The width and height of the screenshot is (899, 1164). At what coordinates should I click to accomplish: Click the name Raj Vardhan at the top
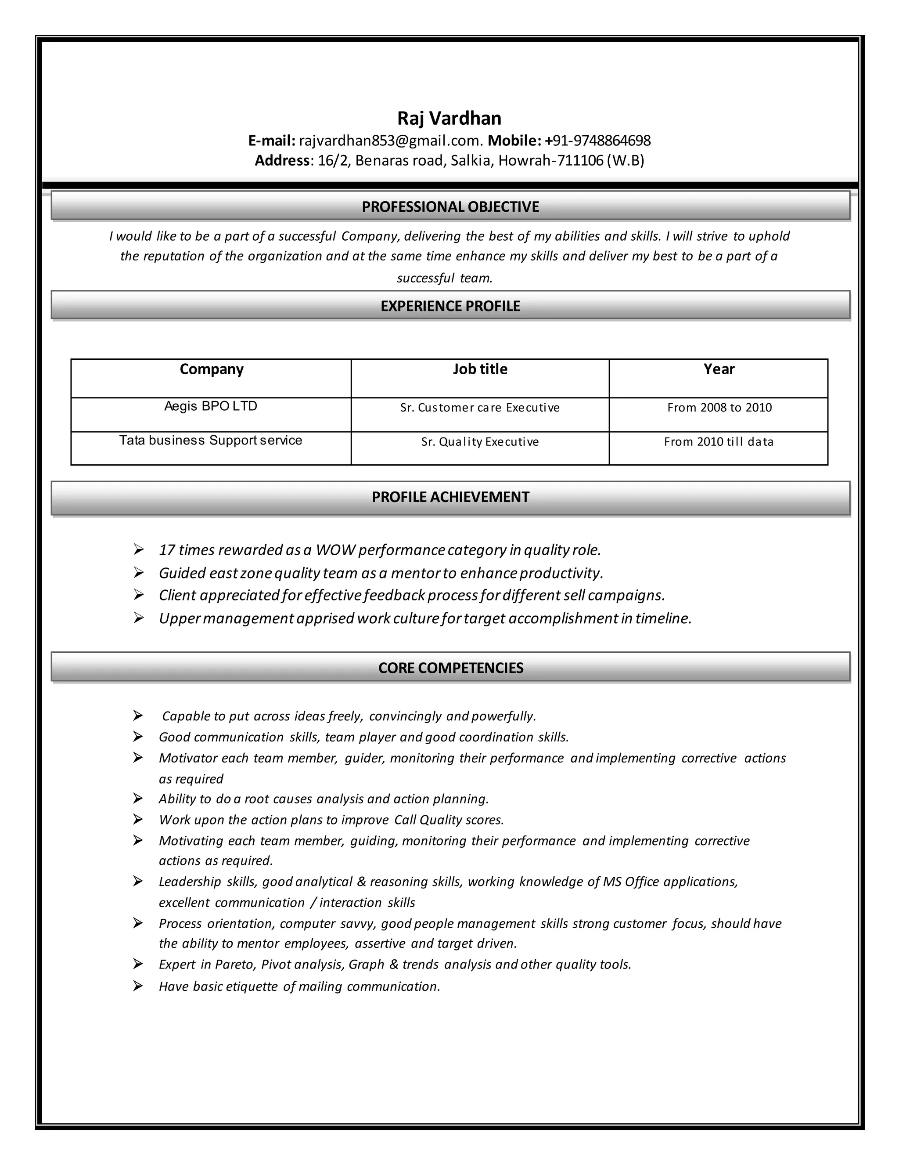(449, 118)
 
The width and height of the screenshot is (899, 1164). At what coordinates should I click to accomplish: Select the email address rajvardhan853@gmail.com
(390, 141)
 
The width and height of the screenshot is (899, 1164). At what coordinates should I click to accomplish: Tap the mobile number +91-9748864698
(597, 141)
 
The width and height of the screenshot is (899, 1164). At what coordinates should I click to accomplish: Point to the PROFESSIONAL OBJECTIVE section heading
(450, 207)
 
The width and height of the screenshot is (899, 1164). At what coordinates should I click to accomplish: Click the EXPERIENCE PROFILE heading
(450, 306)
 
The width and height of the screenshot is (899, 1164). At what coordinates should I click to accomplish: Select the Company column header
(212, 369)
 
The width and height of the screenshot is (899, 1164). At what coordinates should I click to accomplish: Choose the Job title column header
(480, 369)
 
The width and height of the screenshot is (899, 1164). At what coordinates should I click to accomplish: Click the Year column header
(719, 369)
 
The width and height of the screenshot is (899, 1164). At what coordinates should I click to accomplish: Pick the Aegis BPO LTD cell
(211, 406)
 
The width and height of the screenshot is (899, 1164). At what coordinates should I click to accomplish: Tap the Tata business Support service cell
(211, 440)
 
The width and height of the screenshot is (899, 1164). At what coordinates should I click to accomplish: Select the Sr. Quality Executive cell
(480, 442)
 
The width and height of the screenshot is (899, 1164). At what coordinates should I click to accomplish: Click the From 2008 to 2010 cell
(719, 408)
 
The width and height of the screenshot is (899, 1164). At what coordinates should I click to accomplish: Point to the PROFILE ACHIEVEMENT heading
(450, 497)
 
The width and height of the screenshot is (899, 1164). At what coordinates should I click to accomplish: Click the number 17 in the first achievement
(167, 550)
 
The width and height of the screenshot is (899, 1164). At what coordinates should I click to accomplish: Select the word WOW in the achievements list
(335, 550)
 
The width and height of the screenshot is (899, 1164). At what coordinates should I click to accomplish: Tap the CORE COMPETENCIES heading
(450, 668)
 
